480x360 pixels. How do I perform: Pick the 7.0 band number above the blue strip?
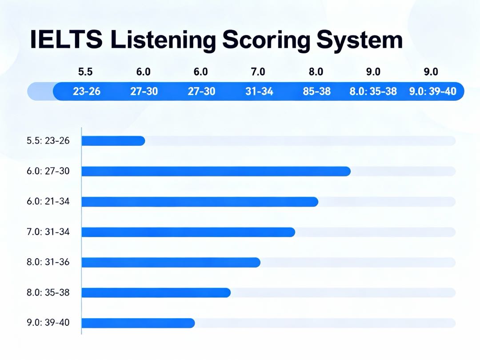259,72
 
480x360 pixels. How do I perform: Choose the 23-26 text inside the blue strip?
86,92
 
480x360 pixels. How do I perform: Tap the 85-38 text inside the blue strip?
316,92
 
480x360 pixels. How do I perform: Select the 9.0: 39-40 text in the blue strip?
432,92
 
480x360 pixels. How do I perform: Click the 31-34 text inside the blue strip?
259,92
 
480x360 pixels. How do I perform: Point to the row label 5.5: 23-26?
48,141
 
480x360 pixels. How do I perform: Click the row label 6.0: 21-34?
48,202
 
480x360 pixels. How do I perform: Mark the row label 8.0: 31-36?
48,262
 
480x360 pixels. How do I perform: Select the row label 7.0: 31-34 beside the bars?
48,232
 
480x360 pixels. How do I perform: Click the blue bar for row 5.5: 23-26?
113,141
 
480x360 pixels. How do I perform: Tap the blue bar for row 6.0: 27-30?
216,171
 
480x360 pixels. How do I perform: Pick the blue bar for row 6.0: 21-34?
200,202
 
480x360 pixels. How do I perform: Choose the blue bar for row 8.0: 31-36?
171,262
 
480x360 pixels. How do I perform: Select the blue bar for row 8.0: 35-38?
156,292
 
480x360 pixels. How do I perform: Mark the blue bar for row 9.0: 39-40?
138,323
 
